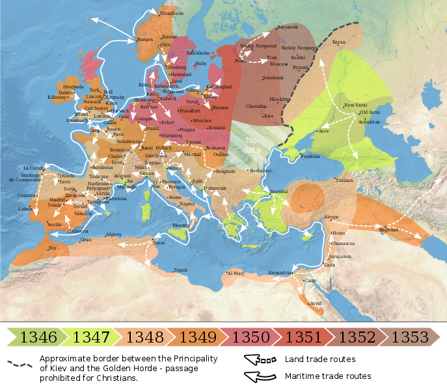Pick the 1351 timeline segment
[302, 337]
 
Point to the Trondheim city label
[172, 14]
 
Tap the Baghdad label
[388, 229]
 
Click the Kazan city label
[338, 42]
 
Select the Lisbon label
[25, 209]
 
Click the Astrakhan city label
[368, 122]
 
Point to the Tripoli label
[180, 270]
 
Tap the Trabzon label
[345, 180]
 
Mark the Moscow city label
[278, 64]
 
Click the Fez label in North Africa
[53, 248]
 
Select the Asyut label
[316, 304]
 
